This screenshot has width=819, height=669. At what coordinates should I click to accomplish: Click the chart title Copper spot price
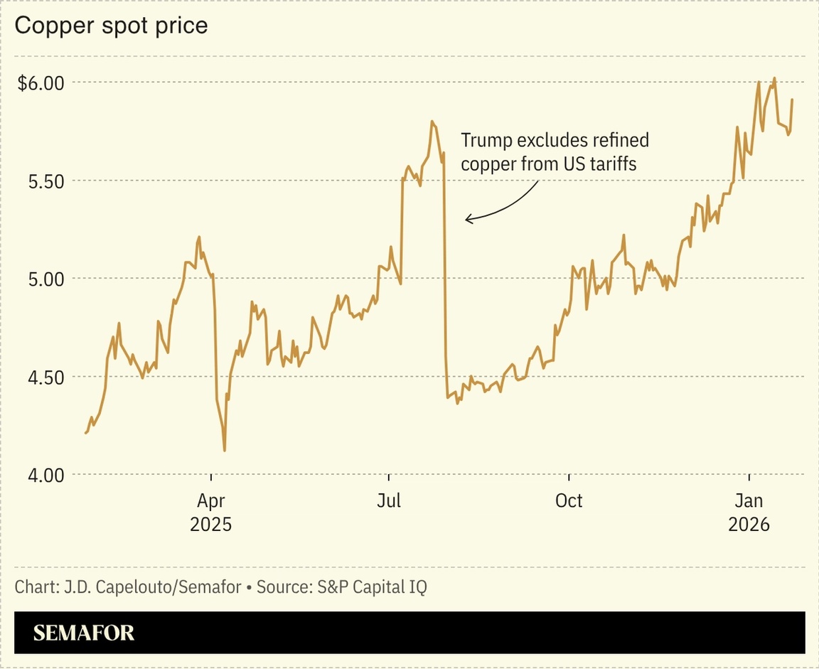(x=111, y=26)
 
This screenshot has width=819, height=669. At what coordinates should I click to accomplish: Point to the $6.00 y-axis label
(x=41, y=82)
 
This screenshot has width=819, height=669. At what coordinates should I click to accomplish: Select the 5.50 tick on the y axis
(x=45, y=181)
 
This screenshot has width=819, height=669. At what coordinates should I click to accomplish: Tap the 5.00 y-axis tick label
(x=45, y=279)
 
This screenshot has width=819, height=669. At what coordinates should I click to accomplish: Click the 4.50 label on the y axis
(x=45, y=377)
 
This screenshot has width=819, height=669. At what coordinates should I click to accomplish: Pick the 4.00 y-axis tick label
(x=45, y=474)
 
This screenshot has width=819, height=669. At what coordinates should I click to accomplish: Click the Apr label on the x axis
(x=210, y=501)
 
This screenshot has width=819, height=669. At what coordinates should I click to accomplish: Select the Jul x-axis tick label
(x=389, y=501)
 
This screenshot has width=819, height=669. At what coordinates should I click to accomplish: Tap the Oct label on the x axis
(x=569, y=501)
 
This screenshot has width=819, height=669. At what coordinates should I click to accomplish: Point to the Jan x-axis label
(x=749, y=501)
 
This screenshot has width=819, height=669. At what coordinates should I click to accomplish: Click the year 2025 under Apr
(x=210, y=525)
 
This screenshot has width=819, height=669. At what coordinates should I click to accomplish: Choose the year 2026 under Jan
(x=749, y=525)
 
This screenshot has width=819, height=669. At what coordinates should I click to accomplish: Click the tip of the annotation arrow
(x=466, y=220)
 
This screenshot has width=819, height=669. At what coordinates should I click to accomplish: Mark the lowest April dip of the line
(x=225, y=450)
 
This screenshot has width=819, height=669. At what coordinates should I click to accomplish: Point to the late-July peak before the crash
(x=432, y=122)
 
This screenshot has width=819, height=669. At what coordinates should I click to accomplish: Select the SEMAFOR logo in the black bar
(x=84, y=633)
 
